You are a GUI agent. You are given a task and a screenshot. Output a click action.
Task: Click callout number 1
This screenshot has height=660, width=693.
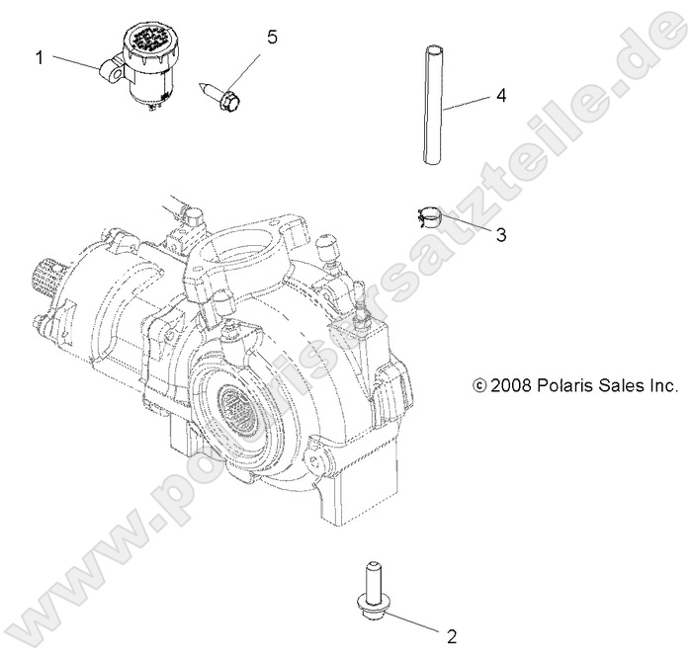pyautogui.click(x=41, y=57)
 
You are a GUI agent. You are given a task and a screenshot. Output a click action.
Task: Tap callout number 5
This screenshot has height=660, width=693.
pyautogui.click(x=271, y=38)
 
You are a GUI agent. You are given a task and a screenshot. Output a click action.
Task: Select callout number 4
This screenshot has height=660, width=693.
pyautogui.click(x=501, y=96)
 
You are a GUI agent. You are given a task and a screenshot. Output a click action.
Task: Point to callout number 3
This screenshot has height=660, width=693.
pyautogui.click(x=501, y=234)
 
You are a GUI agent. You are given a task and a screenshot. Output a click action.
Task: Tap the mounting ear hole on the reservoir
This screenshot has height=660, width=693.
pyautogui.click(x=108, y=71)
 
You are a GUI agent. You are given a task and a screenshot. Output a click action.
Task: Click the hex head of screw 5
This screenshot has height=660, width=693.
pyautogui.click(x=228, y=99)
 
